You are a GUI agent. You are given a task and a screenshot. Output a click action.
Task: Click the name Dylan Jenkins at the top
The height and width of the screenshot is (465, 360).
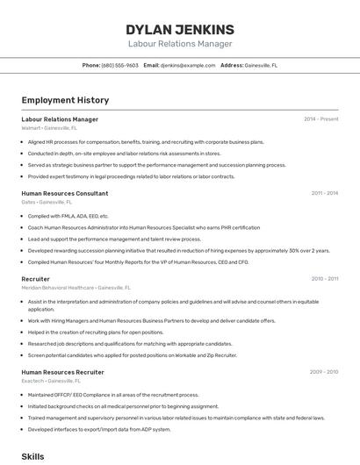click(x=179, y=29)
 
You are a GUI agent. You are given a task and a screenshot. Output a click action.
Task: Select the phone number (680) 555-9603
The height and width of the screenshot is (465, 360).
click(x=119, y=65)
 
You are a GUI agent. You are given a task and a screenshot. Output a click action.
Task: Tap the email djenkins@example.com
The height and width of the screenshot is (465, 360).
click(x=188, y=65)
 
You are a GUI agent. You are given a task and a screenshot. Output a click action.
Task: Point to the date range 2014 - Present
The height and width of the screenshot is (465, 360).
click(x=320, y=119)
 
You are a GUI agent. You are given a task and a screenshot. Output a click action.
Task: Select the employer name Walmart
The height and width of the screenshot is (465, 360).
click(x=31, y=128)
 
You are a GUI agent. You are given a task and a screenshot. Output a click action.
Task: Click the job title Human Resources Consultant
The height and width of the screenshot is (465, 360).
click(x=64, y=193)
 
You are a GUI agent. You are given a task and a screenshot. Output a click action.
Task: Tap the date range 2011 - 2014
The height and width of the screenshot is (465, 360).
click(x=324, y=193)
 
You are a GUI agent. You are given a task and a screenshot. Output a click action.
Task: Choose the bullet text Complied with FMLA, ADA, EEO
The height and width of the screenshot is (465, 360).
click(x=68, y=216)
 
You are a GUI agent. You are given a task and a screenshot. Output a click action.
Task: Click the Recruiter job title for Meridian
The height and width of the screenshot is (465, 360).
click(x=36, y=278)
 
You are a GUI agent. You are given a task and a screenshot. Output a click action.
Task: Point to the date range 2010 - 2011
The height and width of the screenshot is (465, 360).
click(x=324, y=278)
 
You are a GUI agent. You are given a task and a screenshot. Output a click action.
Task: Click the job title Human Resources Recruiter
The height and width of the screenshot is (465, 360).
click(x=62, y=372)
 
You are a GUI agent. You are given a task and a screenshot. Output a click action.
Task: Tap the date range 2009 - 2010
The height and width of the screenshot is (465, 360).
click(x=324, y=372)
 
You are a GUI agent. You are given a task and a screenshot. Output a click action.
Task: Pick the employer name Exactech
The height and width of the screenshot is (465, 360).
click(x=32, y=381)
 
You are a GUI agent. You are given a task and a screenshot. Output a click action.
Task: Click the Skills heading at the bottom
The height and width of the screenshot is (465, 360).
click(x=32, y=456)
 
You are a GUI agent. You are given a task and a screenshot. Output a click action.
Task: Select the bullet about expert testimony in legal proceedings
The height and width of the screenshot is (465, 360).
click(x=132, y=176)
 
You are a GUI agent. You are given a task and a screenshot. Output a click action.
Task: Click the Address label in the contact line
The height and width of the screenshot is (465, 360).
click(x=232, y=65)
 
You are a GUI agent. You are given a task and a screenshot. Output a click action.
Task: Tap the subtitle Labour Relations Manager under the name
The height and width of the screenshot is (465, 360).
click(x=179, y=44)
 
